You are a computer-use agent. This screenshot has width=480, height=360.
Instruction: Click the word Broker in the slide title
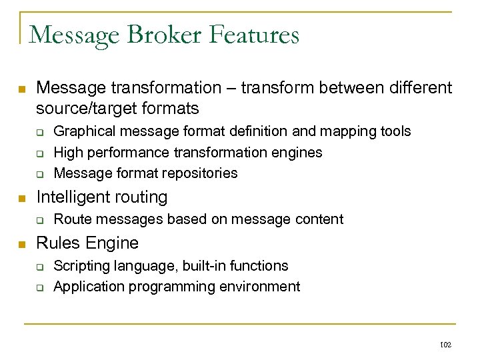160,34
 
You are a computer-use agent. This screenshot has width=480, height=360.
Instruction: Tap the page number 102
446,345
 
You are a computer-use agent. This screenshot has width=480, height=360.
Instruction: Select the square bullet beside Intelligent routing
21,198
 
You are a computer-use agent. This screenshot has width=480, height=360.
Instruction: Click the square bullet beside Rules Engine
21,244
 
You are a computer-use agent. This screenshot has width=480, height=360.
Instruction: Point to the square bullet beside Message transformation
21,89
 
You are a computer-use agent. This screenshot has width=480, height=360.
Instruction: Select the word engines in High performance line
297,152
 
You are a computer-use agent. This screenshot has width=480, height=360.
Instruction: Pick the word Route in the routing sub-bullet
71,219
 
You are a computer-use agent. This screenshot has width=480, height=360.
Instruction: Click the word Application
87,287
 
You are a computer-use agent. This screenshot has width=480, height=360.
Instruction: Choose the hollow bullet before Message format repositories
39,174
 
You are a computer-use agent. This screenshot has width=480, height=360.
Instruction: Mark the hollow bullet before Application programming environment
39,287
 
